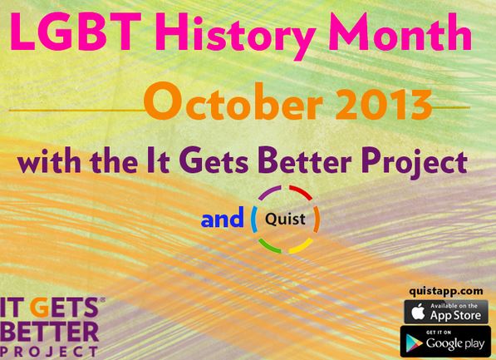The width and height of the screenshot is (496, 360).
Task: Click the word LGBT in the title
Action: (76, 32)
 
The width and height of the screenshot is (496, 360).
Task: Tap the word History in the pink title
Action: (235, 36)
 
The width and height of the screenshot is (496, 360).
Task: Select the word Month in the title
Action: (400, 32)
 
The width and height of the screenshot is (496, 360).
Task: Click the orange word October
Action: (233, 101)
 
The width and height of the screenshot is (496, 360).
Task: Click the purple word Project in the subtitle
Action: (415, 162)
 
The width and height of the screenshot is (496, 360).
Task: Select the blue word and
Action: (223, 218)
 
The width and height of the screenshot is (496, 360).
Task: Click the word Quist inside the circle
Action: (285, 219)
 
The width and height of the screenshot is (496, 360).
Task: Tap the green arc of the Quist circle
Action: (268, 247)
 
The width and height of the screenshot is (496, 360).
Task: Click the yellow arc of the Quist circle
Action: (302, 247)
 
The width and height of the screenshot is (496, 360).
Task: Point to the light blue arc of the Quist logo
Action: (253, 219)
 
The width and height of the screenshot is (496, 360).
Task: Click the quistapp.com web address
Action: (445, 291)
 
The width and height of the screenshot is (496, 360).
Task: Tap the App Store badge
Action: (446, 312)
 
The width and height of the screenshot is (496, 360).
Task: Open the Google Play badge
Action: (445, 342)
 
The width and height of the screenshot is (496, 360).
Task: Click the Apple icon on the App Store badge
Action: (418, 312)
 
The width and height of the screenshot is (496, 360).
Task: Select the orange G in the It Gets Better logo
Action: (42, 308)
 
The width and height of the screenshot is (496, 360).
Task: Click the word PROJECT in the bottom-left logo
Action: (49, 352)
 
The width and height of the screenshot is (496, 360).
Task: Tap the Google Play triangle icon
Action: (415, 343)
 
